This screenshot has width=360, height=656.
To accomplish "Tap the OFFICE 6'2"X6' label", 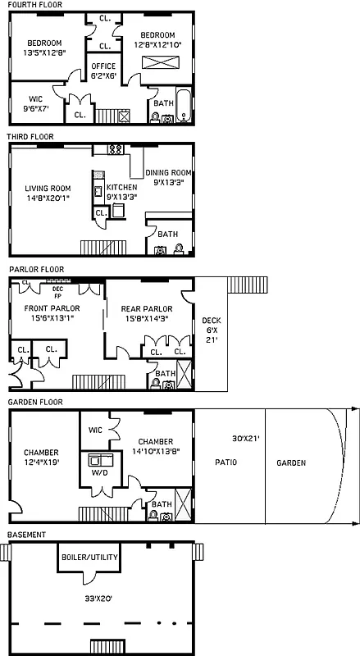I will (x=103, y=71).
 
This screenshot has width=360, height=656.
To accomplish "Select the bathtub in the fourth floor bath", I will (x=185, y=111).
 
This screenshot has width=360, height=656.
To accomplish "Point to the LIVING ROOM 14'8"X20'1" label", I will (x=48, y=194).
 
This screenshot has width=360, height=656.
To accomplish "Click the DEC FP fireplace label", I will (x=57, y=291).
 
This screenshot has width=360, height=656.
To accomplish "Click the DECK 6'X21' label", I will (x=211, y=332).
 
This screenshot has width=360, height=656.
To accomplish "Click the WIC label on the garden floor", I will (x=94, y=430).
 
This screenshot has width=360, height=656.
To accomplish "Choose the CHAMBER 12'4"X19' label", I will (x=41, y=458).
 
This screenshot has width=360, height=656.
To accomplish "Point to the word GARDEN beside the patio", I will (x=290, y=463).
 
